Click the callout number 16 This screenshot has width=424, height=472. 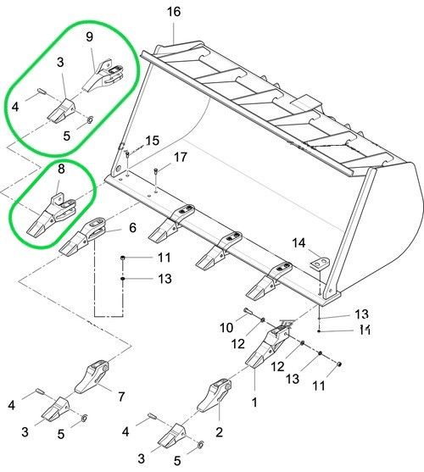click(174, 12)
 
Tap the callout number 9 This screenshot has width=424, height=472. click(89, 36)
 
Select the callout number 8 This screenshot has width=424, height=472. click(61, 169)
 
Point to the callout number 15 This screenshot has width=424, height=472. click(153, 141)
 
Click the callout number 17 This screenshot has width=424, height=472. click(181, 157)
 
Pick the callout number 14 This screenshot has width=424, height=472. click(298, 243)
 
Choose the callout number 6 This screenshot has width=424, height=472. click(132, 228)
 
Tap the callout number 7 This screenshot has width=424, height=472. click(121, 397)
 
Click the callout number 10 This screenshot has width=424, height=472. click(226, 327)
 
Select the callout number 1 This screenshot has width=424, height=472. click(254, 403)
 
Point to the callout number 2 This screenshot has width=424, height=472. click(220, 432)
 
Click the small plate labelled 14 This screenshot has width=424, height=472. click(320, 263)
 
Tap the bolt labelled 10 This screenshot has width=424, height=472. click(250, 312)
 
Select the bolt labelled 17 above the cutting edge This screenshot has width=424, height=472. click(156, 171)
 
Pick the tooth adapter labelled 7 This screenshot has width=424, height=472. click(92, 377)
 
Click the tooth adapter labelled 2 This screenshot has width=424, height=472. click(215, 395)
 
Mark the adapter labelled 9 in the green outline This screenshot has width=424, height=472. click(104, 75)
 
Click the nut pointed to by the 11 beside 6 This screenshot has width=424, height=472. click(123, 258)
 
